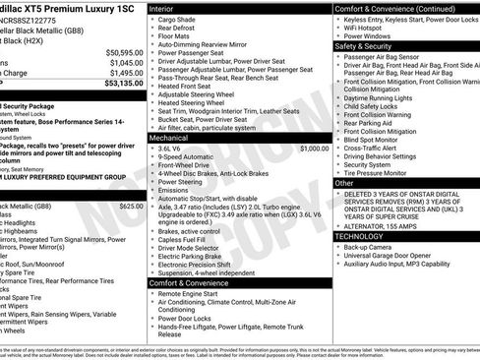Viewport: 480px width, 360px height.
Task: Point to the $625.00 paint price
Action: (130, 207)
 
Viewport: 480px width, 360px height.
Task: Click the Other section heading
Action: (344, 183)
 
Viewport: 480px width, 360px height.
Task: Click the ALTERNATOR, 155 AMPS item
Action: (388, 225)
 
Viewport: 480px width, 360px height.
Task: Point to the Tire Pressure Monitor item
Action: (385, 173)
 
